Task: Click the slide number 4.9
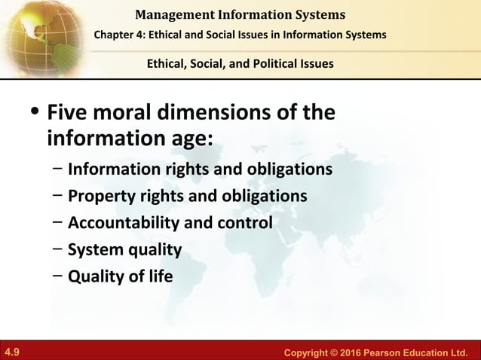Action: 12,351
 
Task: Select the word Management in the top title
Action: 174,14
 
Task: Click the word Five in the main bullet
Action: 70,114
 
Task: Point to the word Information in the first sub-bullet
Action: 109,169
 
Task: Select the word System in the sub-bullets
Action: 93,249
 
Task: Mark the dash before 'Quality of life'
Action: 57,276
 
